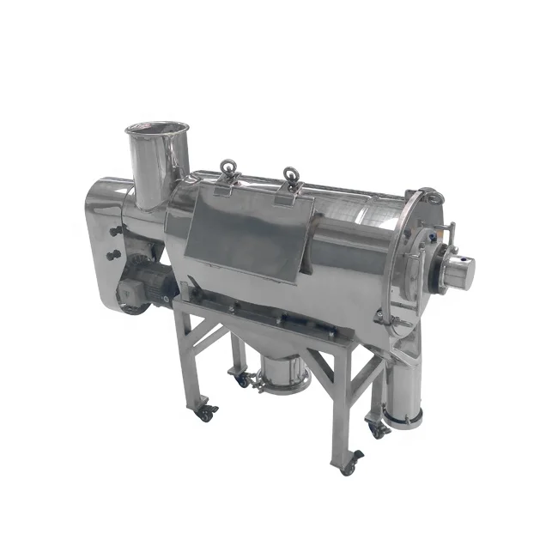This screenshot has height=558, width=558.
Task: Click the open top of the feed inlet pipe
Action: pyautogui.click(x=157, y=130)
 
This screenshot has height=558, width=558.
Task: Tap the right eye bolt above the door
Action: pyautogui.click(x=289, y=178)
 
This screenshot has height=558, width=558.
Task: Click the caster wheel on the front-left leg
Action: pyautogui.click(x=206, y=412)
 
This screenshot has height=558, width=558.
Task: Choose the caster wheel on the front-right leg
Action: pyautogui.click(x=349, y=465)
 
